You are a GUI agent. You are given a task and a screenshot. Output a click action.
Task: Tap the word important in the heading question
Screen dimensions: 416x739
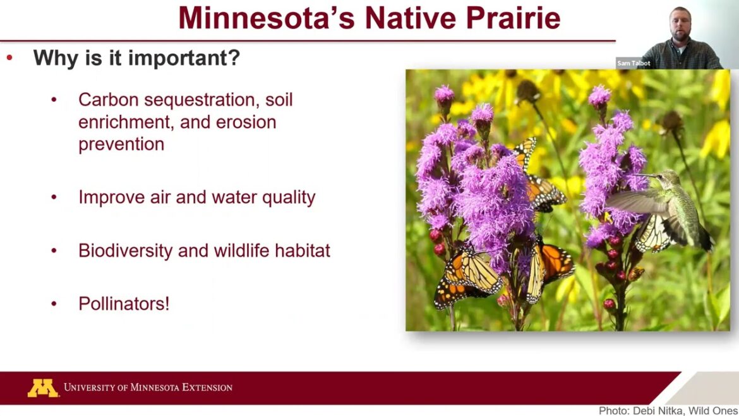(184, 58)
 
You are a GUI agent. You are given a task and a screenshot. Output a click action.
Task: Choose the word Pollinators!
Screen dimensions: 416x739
(124, 303)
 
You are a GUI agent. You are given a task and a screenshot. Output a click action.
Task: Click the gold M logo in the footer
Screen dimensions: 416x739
(42, 388)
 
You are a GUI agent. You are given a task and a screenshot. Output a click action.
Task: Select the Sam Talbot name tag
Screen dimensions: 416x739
(633, 63)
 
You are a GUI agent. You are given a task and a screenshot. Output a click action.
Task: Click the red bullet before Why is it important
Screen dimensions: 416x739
(9, 58)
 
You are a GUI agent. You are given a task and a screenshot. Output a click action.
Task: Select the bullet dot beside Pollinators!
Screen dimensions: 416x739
(54, 304)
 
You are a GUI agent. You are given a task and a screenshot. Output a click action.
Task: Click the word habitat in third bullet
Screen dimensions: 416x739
(302, 251)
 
